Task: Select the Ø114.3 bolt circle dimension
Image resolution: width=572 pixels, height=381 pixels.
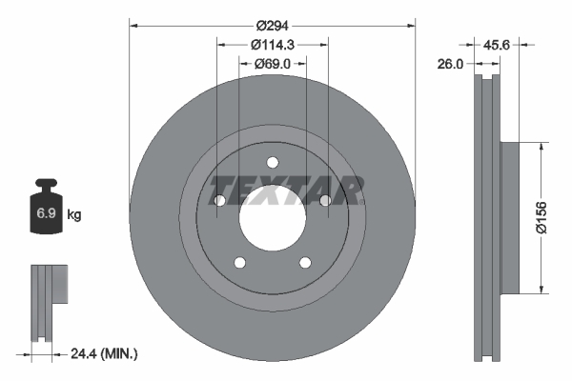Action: (273, 43)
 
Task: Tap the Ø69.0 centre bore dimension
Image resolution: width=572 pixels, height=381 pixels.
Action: (273, 64)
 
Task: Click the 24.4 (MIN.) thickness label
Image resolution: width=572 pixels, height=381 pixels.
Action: (104, 353)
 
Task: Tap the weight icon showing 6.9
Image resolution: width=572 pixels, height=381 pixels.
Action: (46, 211)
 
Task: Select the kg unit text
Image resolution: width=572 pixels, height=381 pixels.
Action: (74, 215)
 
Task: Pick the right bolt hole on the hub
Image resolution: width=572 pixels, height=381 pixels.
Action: (325, 201)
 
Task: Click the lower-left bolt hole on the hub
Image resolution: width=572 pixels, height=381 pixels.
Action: (240, 263)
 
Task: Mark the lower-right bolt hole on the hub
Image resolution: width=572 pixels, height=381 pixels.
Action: (305, 263)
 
